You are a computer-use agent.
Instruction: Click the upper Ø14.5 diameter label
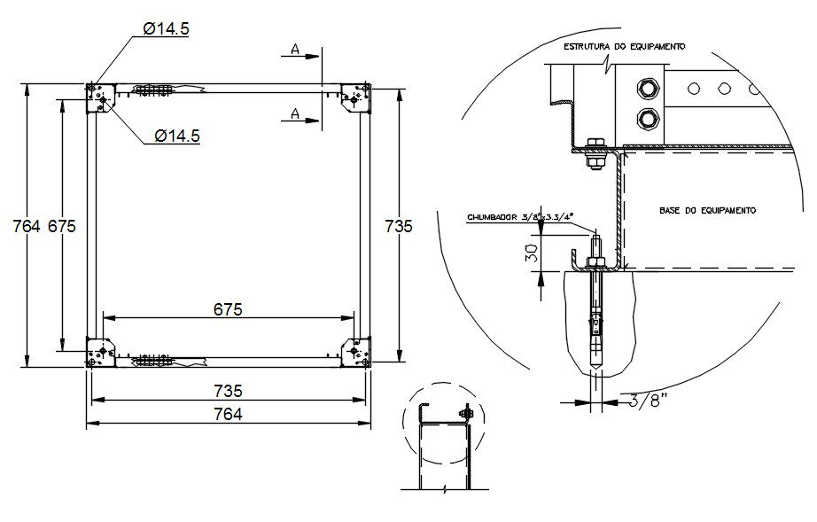[x=166, y=28]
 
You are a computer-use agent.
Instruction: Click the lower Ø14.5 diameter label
[x=176, y=136]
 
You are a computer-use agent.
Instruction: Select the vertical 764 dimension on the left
[x=27, y=226]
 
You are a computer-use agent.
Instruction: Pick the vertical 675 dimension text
[x=62, y=226]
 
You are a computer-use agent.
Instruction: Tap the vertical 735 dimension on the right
[x=399, y=226]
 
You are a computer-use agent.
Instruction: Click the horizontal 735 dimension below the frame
[x=229, y=390]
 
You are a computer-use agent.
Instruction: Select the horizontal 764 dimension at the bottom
[x=229, y=414]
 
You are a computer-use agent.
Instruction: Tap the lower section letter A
[x=294, y=113]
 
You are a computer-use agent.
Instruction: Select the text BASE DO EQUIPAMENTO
[x=706, y=211]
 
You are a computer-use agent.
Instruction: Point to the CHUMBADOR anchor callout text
[x=523, y=215]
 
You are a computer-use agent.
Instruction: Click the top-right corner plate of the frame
[x=357, y=97]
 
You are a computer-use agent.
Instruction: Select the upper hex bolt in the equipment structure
[x=647, y=88]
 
